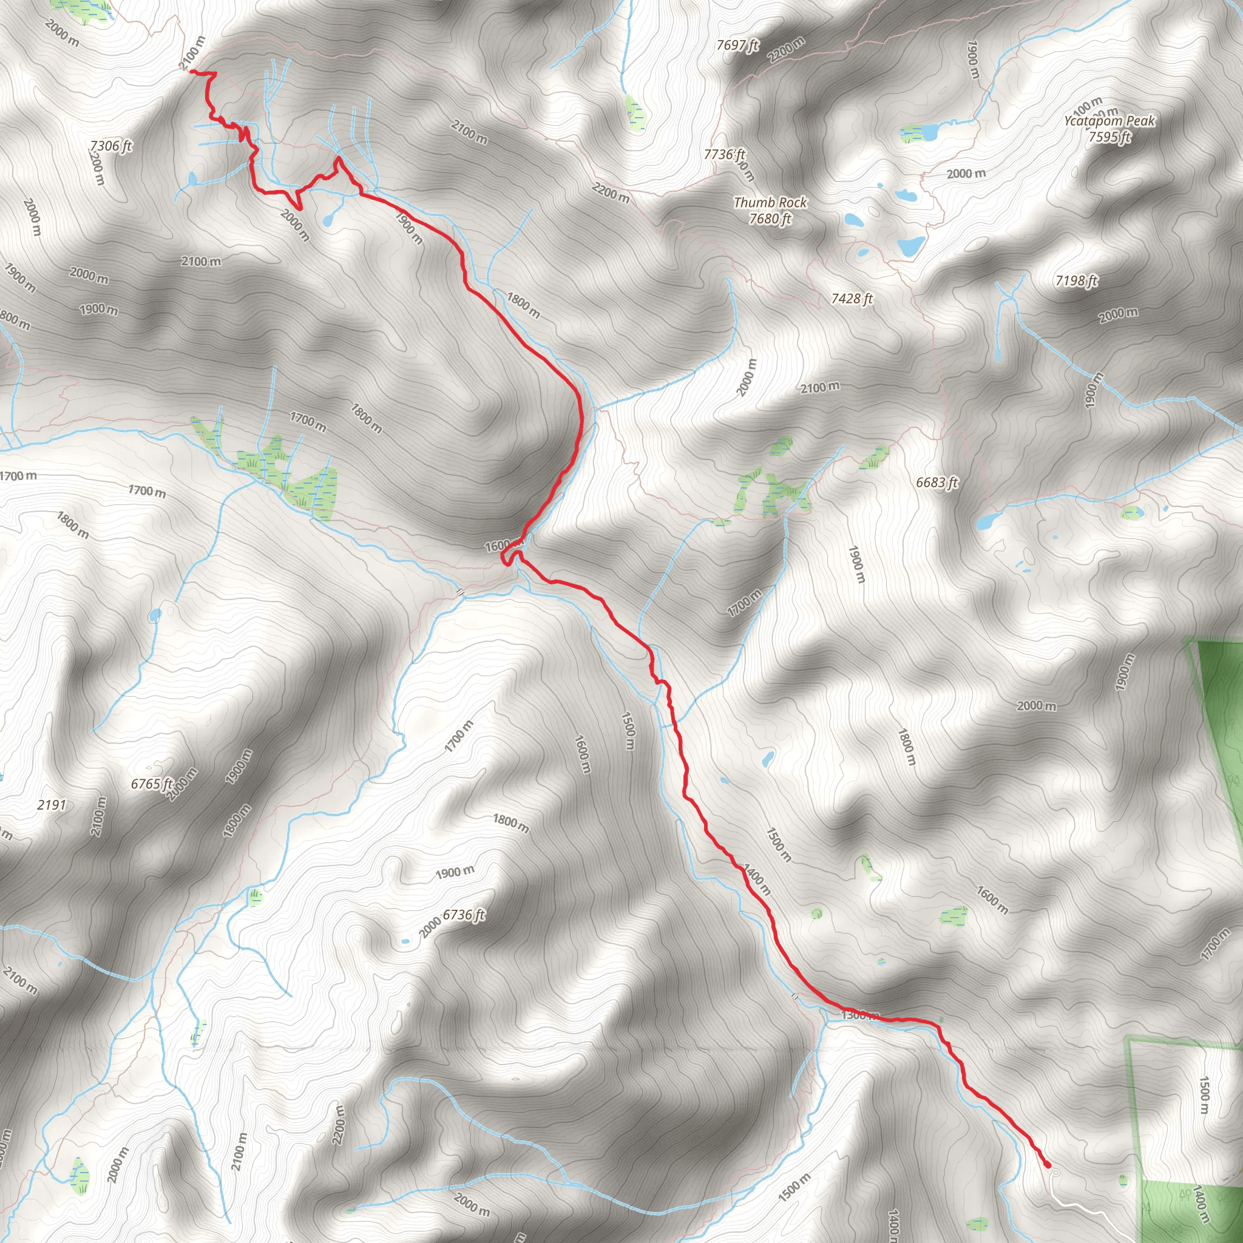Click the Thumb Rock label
click(770, 203)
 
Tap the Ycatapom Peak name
click(1109, 121)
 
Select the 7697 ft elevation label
click(738, 45)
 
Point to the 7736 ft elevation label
click(725, 154)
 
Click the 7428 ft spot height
click(852, 299)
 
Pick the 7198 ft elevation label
click(1076, 280)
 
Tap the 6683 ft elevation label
click(937, 483)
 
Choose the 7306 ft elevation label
click(110, 146)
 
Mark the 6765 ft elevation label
click(152, 784)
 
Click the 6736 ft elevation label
click(464, 915)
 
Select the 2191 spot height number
click(52, 805)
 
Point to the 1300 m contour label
click(859, 1015)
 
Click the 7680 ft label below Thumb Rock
click(770, 218)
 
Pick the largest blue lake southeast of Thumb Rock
click(911, 245)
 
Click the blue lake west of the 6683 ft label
click(986, 521)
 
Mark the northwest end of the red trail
click(191, 72)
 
